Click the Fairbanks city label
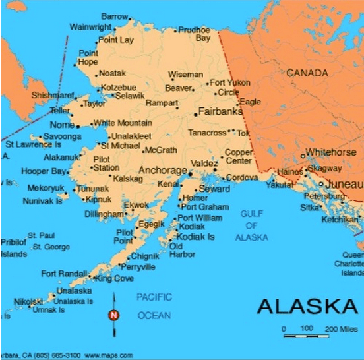(x=220, y=111)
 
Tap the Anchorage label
(x=162, y=170)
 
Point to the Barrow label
(x=114, y=16)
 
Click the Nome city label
(x=62, y=125)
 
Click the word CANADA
(x=307, y=73)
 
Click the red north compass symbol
(x=113, y=315)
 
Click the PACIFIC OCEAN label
(x=154, y=307)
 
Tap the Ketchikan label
(x=340, y=219)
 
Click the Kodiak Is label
(x=197, y=237)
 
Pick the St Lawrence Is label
(x=33, y=144)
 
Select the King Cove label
(x=114, y=279)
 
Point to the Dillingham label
(x=104, y=214)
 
